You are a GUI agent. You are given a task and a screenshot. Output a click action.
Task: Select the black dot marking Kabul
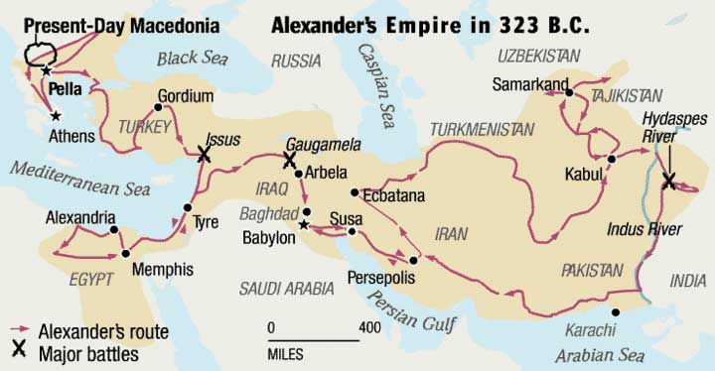[x=613, y=159]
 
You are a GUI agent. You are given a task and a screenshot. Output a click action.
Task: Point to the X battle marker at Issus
[x=205, y=154]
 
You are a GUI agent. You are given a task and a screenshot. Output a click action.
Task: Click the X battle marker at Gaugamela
[x=290, y=159]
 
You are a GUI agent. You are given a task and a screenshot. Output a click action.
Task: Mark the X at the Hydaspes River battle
[x=668, y=180]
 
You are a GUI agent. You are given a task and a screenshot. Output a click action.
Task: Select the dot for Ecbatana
[x=354, y=192]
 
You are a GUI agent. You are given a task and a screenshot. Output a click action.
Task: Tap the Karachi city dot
[x=617, y=313]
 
